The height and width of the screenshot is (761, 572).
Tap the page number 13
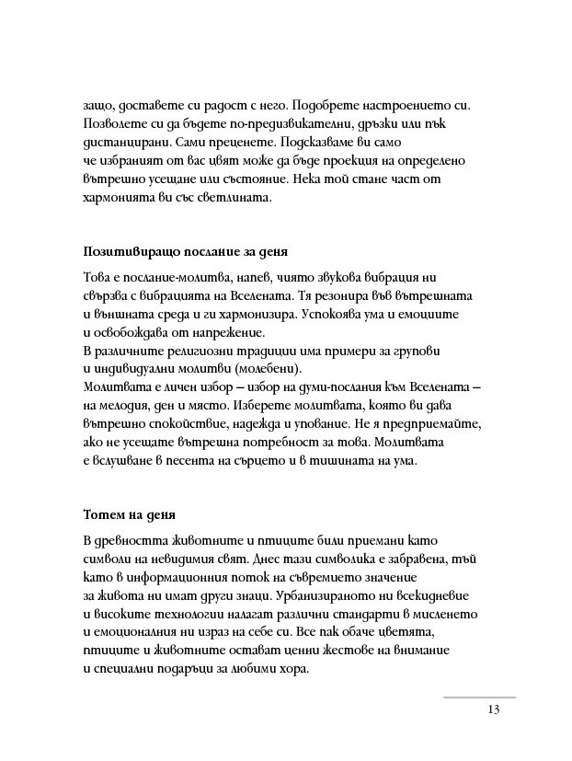[x=495, y=710]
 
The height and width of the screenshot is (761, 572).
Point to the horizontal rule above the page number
[x=479, y=698]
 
